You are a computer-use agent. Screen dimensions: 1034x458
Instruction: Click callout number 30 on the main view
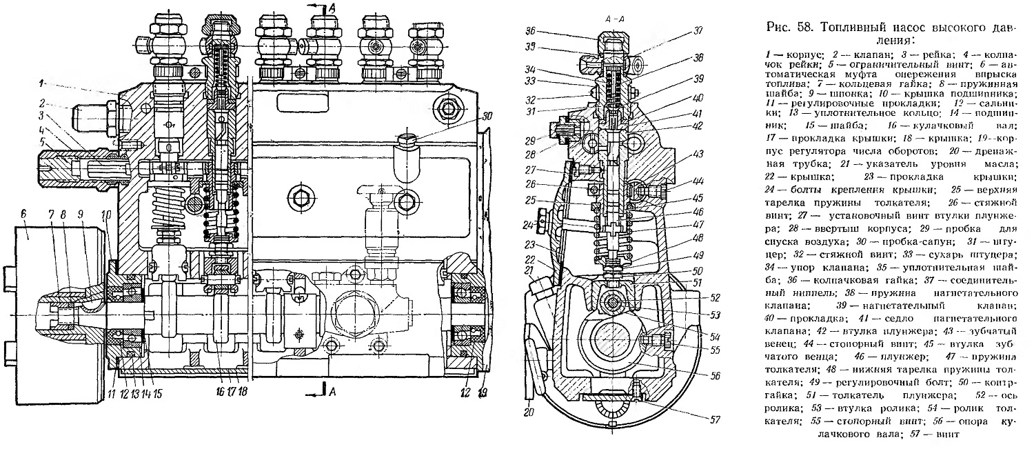tap(487, 116)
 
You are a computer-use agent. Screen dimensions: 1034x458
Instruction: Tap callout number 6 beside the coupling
tap(24, 214)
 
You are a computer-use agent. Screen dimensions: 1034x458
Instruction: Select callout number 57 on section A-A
tap(715, 419)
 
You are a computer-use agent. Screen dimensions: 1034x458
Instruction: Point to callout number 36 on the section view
tap(530, 30)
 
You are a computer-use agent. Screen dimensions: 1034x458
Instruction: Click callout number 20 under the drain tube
tap(529, 412)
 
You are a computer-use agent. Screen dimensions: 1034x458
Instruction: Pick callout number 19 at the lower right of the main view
tap(483, 392)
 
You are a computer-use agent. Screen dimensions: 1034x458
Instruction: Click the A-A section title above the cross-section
tap(615, 19)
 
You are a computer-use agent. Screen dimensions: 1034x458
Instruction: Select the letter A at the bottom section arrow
tap(332, 392)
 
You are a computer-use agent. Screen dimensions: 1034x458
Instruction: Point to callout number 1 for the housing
tap(41, 83)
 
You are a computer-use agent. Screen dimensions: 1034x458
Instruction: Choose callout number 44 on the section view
tap(698, 181)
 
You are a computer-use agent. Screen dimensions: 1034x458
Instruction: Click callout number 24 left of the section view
tap(528, 226)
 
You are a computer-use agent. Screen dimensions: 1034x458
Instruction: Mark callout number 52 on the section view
tap(715, 298)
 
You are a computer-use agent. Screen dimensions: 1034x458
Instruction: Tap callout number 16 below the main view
tap(220, 392)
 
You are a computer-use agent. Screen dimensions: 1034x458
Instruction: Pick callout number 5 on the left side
tap(43, 141)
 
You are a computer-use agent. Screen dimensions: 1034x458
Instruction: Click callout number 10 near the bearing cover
tap(107, 215)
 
